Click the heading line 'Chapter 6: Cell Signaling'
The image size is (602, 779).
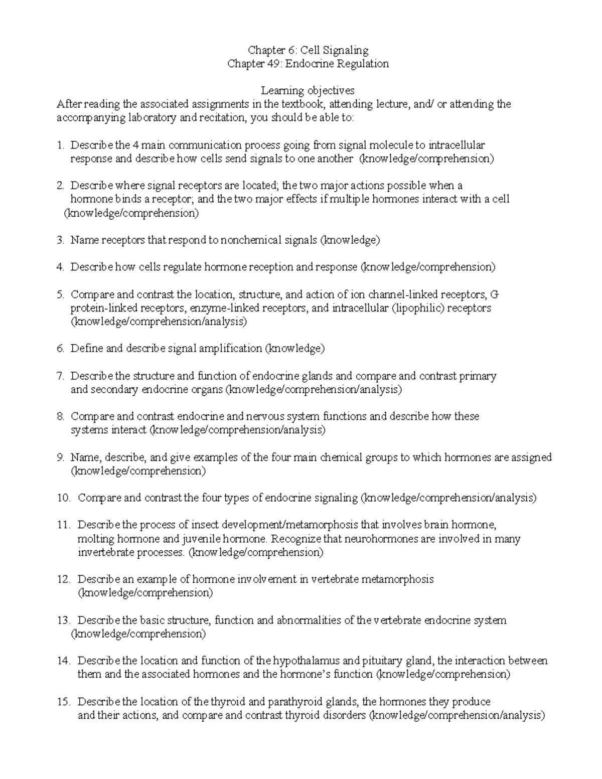[308, 50]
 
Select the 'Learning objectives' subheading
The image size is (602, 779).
[308, 91]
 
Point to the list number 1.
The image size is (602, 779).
[60, 145]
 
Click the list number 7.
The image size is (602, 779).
[60, 376]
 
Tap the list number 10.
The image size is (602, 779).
[63, 498]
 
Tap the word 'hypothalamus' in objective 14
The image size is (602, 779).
[306, 661]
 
